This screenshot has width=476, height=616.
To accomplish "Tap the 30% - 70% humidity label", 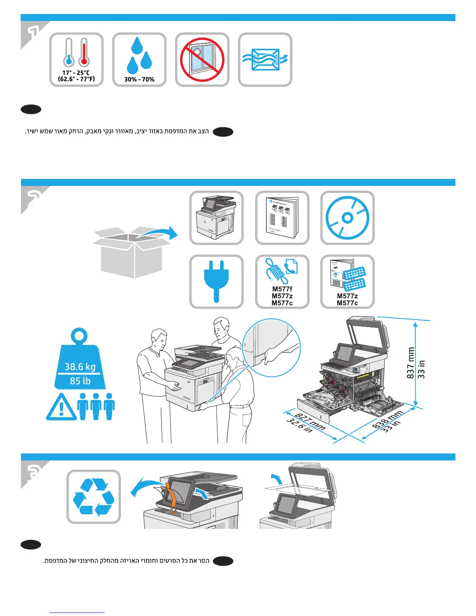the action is (x=139, y=79).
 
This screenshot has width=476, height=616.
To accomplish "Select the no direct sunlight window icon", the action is (x=202, y=59).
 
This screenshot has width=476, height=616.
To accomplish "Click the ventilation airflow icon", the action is (x=265, y=59).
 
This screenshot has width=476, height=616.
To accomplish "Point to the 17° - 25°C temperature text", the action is (x=76, y=73).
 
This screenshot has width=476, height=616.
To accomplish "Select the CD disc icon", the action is (x=347, y=218).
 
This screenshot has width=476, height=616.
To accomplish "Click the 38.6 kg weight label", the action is (x=80, y=367).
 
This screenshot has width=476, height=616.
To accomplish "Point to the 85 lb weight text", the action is (x=80, y=381).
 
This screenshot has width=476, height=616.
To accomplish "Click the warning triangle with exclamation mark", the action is (x=61, y=408).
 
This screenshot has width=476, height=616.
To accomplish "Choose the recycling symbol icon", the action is (x=94, y=497).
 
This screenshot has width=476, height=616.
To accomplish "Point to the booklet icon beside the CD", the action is (x=282, y=218).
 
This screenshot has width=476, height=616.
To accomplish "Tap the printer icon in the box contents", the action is (x=216, y=218).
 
